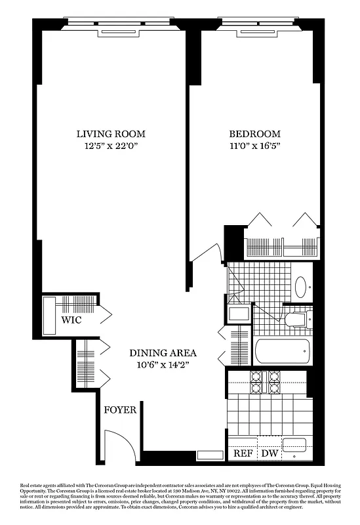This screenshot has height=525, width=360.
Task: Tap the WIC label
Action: coord(71,321)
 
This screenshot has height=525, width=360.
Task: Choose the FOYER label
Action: coord(120,410)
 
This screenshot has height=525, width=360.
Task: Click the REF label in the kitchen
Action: coord(243,454)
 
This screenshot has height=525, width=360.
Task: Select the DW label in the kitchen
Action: coord(270,454)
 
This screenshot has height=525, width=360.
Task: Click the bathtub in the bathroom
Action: coord(281,352)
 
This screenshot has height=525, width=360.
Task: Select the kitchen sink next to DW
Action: coord(294,446)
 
